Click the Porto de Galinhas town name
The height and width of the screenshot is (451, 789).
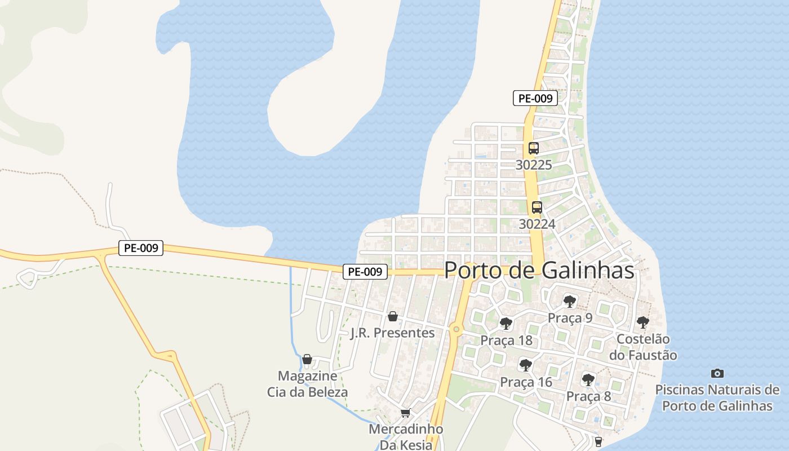pos(539,270)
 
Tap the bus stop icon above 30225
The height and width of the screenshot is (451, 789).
pos(534,148)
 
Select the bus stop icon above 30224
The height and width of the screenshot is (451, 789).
pos(537,207)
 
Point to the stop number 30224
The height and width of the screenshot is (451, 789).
pos(537,224)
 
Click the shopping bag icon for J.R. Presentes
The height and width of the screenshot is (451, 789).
pos(393,316)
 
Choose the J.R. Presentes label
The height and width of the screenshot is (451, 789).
pos(393,333)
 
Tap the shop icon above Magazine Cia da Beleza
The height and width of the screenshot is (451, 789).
pos(307,359)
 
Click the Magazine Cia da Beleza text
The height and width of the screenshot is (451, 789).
pos(307,384)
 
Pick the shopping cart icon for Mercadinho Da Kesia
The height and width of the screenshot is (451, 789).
pos(405,413)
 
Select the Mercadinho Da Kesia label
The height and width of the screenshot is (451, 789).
pos(406,436)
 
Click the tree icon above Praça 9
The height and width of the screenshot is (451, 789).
pos(570,301)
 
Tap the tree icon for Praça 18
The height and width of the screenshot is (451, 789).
pos(506,324)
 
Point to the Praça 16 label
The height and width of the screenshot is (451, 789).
pos(526,382)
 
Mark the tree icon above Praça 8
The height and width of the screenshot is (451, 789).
pos(588,379)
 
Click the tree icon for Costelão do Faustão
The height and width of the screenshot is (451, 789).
pos(642,322)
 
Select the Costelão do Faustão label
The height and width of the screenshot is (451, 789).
pos(643,347)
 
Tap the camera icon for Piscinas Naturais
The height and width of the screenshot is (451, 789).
pos(717,373)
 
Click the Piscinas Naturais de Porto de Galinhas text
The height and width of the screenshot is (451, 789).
pos(717,397)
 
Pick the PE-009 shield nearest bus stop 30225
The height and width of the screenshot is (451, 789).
pos(535,98)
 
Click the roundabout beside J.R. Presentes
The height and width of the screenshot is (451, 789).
pos(456,329)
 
